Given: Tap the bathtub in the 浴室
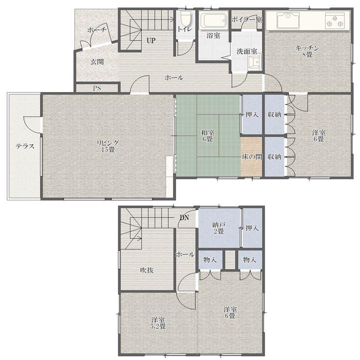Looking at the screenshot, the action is coord(213,21).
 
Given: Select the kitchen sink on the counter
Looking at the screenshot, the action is coord(288,20).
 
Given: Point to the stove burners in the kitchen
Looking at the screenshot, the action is coord(334,20).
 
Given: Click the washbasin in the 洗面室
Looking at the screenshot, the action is coord(255,63).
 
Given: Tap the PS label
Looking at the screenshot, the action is coord(97,88).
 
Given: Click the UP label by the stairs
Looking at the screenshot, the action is coord(151,41).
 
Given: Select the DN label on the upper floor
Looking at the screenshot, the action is coord(184,217).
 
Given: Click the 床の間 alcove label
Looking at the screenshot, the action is coord(252,157).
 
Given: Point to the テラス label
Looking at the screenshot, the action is coord(25,146).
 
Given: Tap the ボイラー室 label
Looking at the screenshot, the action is coord(247,20).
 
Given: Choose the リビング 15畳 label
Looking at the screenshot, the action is coord(108,146).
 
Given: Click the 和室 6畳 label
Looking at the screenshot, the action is coord(208,136).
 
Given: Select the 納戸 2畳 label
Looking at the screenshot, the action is coord(218,228).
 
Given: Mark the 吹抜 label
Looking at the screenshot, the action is coord(147,270).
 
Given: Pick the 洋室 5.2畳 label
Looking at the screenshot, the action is coord(158,323).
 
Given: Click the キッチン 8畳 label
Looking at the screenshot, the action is coord(307,51).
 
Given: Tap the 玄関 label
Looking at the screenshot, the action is coord(97,62).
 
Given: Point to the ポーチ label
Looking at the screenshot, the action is coord(97,30).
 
